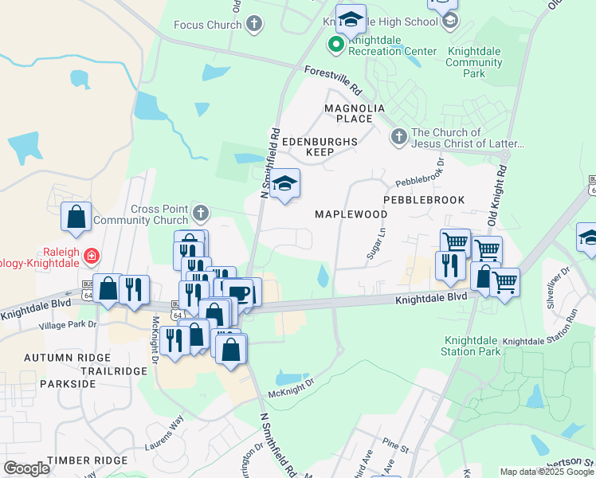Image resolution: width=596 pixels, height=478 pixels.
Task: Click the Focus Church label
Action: (x=207, y=25)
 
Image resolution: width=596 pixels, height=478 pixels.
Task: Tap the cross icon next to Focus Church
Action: (x=254, y=24)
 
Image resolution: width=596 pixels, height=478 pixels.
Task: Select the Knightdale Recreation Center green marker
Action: (x=336, y=44)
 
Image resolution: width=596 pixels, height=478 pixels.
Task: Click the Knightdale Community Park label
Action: (x=474, y=62)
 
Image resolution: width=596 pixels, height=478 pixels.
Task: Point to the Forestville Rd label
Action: (x=333, y=77)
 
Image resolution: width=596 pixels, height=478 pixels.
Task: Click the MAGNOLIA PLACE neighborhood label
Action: (x=355, y=113)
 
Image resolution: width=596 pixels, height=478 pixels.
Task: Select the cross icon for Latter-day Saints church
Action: (x=399, y=138)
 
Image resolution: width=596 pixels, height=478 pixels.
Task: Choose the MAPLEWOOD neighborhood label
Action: (x=351, y=214)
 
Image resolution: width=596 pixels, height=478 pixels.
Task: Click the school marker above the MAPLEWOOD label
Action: (x=284, y=185)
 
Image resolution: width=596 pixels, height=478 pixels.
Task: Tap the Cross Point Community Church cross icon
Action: (x=200, y=214)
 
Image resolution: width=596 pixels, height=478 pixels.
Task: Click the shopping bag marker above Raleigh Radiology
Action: (x=76, y=217)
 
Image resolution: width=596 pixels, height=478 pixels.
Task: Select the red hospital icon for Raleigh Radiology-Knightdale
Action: (x=92, y=256)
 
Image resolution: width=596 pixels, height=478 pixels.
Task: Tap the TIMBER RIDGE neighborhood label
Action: (x=87, y=460)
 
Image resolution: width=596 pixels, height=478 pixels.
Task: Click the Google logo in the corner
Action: (x=26, y=468)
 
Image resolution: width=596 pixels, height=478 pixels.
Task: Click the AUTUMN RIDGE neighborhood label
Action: (x=64, y=358)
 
